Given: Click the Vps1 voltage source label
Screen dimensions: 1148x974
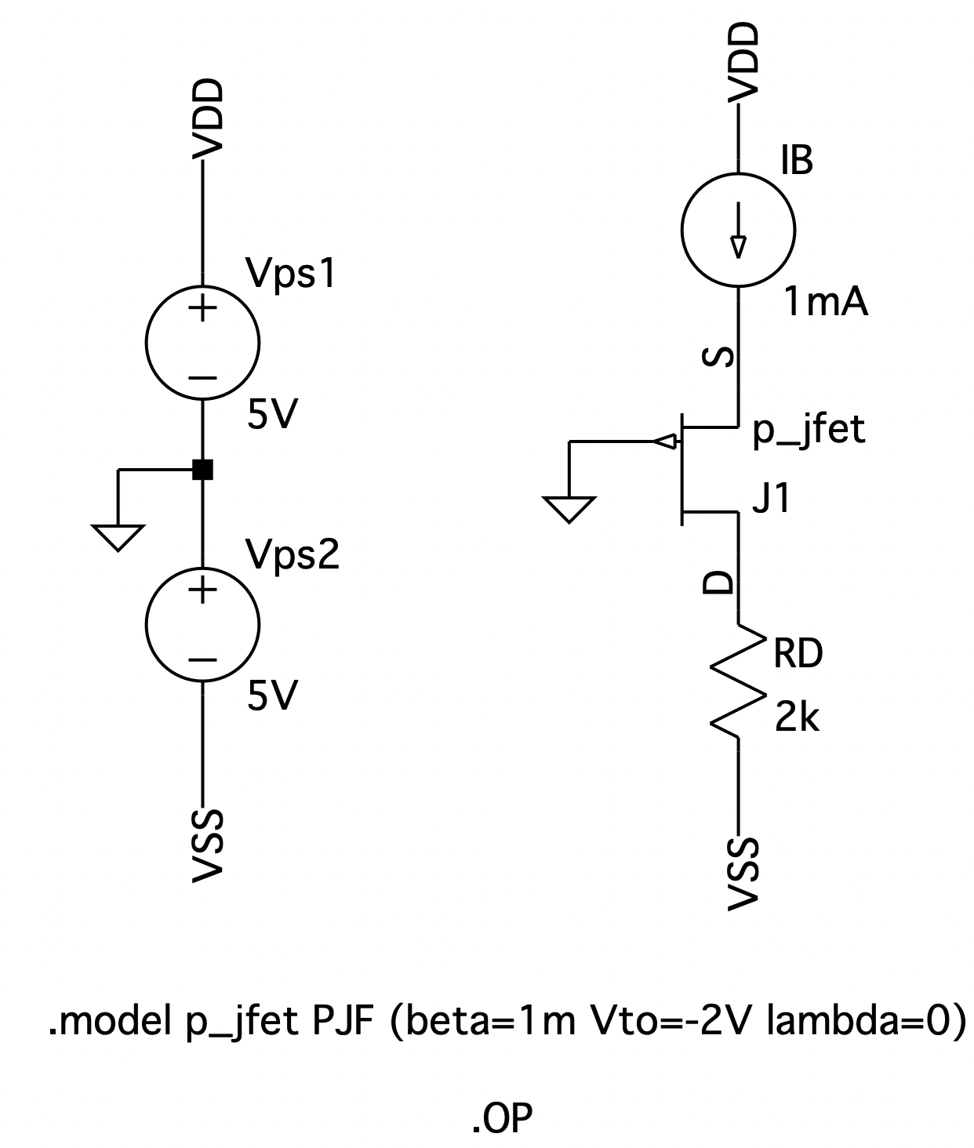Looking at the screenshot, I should coord(291,274).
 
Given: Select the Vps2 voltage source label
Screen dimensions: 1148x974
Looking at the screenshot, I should coord(293,554).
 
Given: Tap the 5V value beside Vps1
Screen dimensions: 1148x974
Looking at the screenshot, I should coord(271,415).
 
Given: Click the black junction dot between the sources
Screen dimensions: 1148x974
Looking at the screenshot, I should coord(203,470).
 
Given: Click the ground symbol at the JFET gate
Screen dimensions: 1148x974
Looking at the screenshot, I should coord(569,509).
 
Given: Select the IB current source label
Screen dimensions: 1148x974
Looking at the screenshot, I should coord(797,161).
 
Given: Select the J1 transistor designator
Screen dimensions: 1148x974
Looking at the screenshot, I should coord(771,500).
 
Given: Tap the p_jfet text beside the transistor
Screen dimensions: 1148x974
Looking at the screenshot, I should coord(809,430).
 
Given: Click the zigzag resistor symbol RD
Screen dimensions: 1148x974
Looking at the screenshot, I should coord(738,680).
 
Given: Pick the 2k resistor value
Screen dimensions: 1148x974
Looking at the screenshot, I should coord(797,717).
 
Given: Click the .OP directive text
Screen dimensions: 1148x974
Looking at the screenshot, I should coord(502,1094).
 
